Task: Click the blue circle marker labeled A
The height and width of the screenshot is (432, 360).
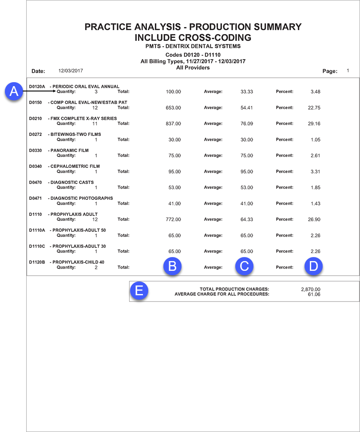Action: pos(14,91)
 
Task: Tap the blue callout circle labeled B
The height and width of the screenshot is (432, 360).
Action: pos(173,266)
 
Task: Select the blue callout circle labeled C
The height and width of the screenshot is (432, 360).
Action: pos(244,266)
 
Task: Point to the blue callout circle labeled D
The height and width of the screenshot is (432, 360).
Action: pos(313,266)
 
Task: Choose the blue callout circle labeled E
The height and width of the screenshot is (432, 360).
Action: pos(139,290)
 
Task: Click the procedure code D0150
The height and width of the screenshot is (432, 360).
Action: pos(36,103)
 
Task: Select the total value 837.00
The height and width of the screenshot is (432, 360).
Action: pos(173,123)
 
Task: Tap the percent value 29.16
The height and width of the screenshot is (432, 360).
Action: pos(314,123)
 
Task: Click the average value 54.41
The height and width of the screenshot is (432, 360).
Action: pos(247,107)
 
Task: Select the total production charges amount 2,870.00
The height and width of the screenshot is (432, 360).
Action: pos(311,289)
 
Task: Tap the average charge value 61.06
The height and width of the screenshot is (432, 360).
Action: pos(314,294)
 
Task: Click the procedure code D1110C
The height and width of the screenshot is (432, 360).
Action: pos(37,246)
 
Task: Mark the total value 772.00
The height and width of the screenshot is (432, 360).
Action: pos(173,219)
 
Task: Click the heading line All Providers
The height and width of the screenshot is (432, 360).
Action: pos(193,67)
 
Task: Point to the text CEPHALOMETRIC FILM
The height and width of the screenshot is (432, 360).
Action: pos(75,166)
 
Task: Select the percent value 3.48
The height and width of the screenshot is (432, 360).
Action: pos(316,92)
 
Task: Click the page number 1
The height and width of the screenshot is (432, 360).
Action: pos(348,71)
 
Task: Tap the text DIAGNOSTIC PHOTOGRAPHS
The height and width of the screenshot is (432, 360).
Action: pos(82,198)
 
